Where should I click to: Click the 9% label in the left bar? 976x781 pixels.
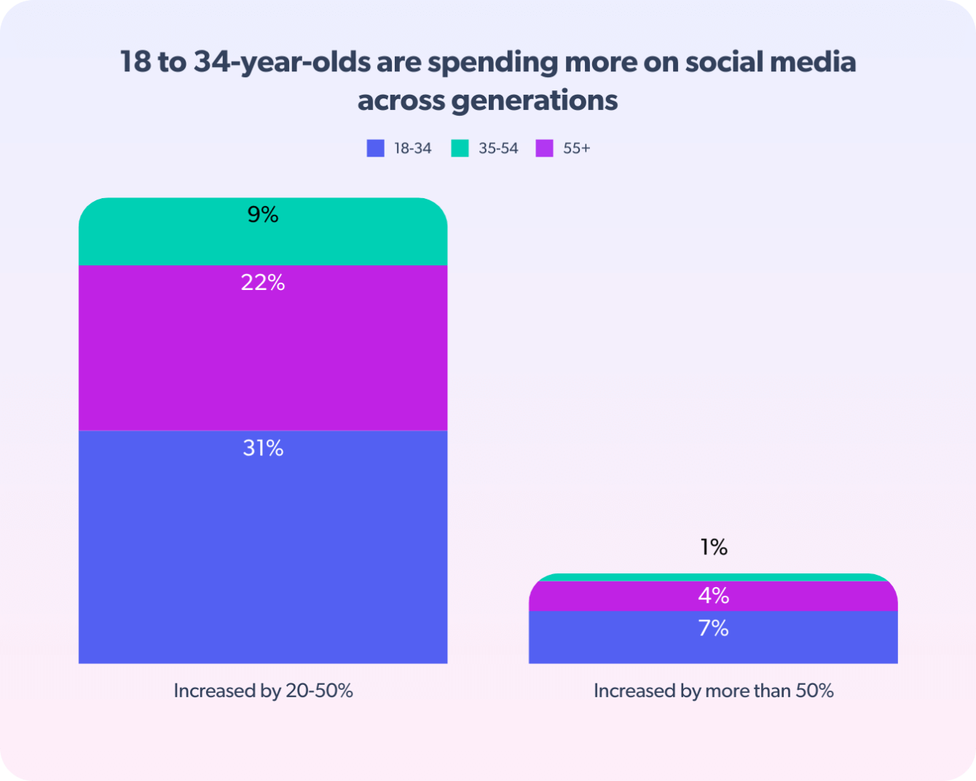pos(263,215)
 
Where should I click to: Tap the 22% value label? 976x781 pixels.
pos(263,283)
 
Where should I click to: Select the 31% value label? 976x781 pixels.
pos(263,448)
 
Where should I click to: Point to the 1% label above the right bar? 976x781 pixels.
pos(714,547)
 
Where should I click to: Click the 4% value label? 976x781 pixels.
pos(714,596)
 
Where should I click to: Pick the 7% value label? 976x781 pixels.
pos(714,628)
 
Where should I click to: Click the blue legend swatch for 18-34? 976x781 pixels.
pos(376,148)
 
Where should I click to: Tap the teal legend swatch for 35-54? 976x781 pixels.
pos(460,148)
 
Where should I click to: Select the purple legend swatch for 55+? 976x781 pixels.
pos(545,148)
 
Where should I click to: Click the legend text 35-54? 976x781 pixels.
pos(498,148)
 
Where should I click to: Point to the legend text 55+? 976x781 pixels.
pos(576,148)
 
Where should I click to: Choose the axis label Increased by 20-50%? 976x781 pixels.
pos(263,691)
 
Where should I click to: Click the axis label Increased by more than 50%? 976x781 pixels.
pos(714,691)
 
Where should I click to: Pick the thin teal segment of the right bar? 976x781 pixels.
pos(713,577)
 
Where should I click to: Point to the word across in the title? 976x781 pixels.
pos(401,101)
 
